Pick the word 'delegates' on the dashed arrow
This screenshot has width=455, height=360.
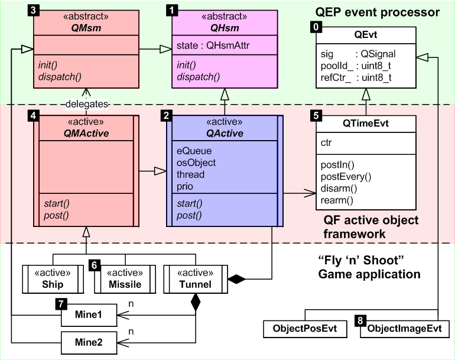[87, 104]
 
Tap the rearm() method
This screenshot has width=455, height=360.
[337, 200]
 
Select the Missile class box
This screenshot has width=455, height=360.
[125, 279]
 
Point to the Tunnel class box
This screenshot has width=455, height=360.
[195, 279]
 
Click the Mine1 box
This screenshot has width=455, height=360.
[89, 315]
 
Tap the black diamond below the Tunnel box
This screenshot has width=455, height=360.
[195, 303]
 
